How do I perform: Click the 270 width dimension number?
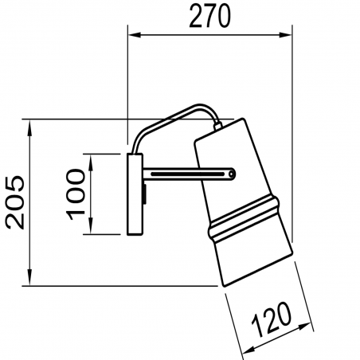[209, 17]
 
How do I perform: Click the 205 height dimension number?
[15, 202]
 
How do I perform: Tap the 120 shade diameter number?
[272, 319]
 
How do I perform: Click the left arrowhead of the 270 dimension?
[135, 35]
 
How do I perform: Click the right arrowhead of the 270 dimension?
[285, 35]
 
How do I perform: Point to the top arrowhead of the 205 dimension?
[29, 127]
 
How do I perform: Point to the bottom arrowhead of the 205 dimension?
[29, 278]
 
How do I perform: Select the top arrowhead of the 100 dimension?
[91, 162]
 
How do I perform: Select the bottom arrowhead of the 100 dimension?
[91, 226]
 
